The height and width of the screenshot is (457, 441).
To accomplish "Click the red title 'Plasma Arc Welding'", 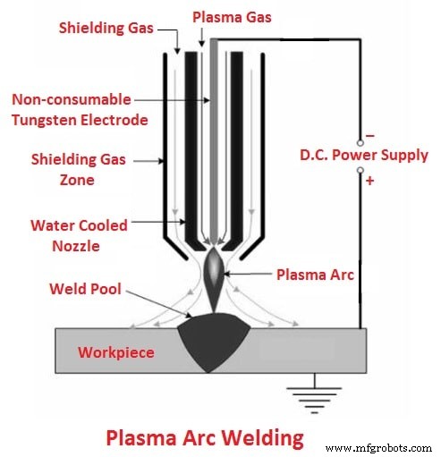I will tap(204, 438).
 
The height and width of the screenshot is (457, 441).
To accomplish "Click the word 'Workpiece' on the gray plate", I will tap(116, 352).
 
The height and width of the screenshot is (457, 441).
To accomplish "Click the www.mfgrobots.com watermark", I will tap(379, 445).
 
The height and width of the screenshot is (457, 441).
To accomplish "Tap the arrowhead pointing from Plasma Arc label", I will tap(235, 275).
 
